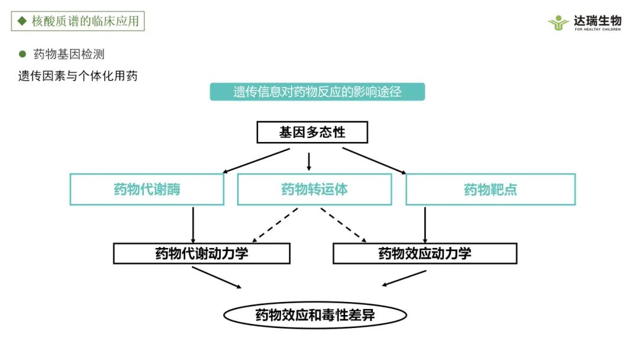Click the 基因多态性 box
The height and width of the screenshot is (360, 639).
(x=312, y=132)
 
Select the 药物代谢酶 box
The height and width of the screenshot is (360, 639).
(x=147, y=189)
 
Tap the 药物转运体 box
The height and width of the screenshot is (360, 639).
(x=314, y=189)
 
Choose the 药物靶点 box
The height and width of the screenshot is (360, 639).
(x=490, y=189)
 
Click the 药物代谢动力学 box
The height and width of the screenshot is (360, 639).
(x=201, y=253)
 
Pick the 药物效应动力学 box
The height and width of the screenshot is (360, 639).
(x=424, y=253)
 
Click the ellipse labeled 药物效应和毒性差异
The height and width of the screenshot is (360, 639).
(x=315, y=315)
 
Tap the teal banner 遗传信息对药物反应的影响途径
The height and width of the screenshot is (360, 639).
(x=317, y=92)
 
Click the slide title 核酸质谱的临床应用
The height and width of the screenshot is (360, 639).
(x=78, y=21)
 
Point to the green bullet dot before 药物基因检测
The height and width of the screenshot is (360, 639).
(x=23, y=54)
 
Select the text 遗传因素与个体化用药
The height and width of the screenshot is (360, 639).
(x=78, y=76)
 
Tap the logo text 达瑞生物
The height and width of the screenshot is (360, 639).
(x=597, y=20)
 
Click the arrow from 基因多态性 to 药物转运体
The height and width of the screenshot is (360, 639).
(x=309, y=161)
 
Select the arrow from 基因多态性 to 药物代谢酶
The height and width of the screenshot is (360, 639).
(x=256, y=160)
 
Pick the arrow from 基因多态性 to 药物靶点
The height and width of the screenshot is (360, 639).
(x=374, y=160)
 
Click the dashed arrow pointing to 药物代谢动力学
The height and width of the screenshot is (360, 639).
(x=275, y=224)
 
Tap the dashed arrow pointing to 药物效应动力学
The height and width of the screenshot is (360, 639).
(x=344, y=224)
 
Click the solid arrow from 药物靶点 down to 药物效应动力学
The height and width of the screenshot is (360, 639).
(x=425, y=223)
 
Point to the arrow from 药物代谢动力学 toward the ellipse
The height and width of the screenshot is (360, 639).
(x=217, y=277)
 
